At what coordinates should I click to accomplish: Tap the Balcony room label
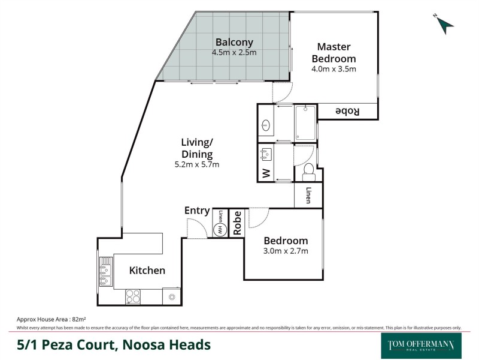click(x=234, y=42)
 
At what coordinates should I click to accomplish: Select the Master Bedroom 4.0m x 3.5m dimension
click(x=334, y=69)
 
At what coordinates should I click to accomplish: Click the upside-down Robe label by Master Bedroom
click(x=347, y=112)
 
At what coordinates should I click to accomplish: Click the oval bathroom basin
click(x=267, y=126)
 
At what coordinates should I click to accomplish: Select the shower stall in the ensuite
click(x=305, y=122)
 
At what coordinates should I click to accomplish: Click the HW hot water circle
click(x=220, y=230)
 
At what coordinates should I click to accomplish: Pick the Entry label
click(x=197, y=211)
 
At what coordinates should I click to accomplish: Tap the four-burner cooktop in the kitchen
click(x=133, y=296)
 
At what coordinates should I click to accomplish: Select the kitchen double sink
click(x=106, y=272)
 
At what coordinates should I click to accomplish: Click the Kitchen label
click(x=147, y=271)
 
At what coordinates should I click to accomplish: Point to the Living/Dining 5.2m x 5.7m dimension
click(x=197, y=164)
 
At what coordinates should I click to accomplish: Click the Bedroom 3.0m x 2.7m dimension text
click(x=286, y=251)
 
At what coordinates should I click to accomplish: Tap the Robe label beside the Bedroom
click(x=237, y=223)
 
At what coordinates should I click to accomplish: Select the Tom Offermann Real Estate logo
click(x=422, y=345)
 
